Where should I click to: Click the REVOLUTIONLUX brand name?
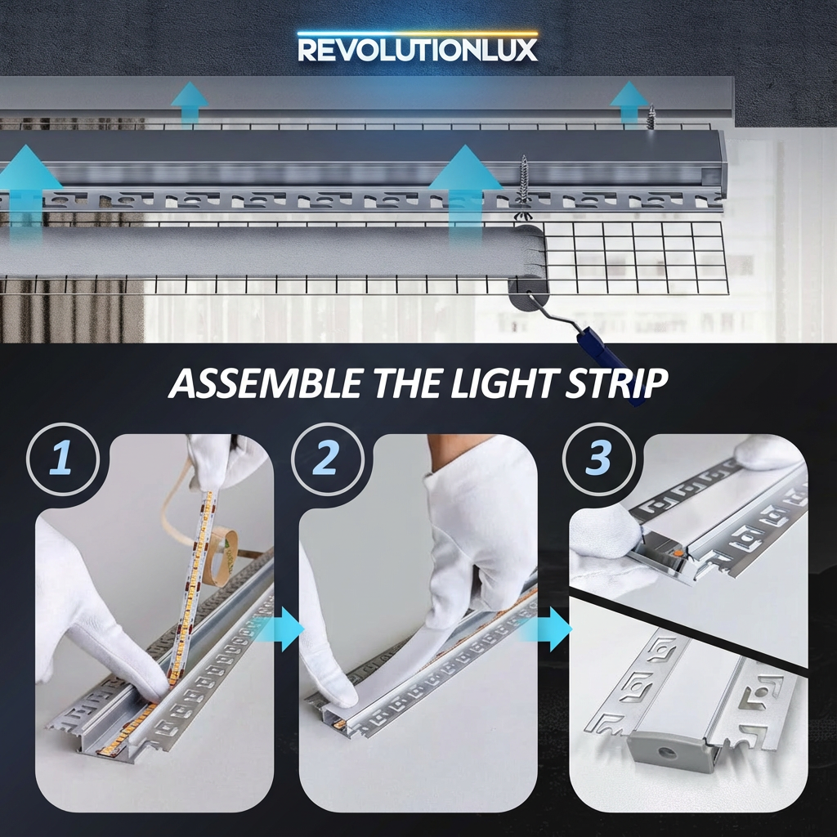coord(418,50)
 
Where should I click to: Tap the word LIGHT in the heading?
coord(498,383)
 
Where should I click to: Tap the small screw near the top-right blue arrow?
coord(651,117)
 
